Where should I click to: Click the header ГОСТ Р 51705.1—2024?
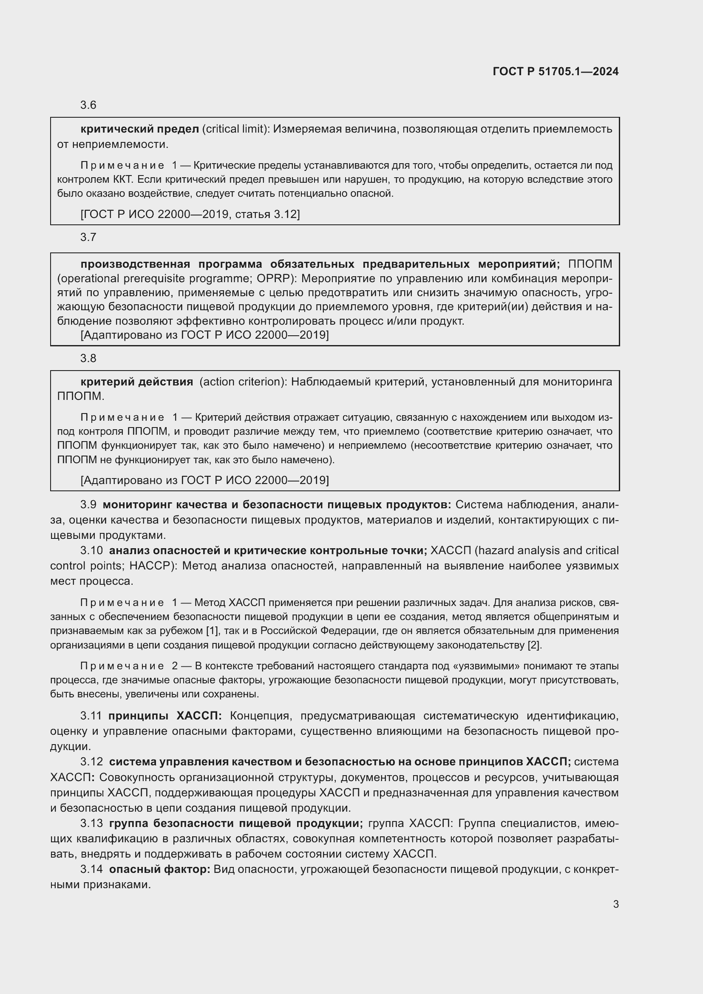click(556, 71)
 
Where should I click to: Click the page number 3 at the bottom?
click(615, 904)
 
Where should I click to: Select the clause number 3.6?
click(88, 105)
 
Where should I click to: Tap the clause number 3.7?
click(88, 237)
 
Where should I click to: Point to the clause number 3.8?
click(88, 359)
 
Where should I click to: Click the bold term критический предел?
click(139, 129)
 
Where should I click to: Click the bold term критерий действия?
click(137, 382)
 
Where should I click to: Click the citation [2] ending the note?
click(534, 645)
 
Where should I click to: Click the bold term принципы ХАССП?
click(164, 716)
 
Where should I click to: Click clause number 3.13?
click(91, 824)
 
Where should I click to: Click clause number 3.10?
click(91, 551)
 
